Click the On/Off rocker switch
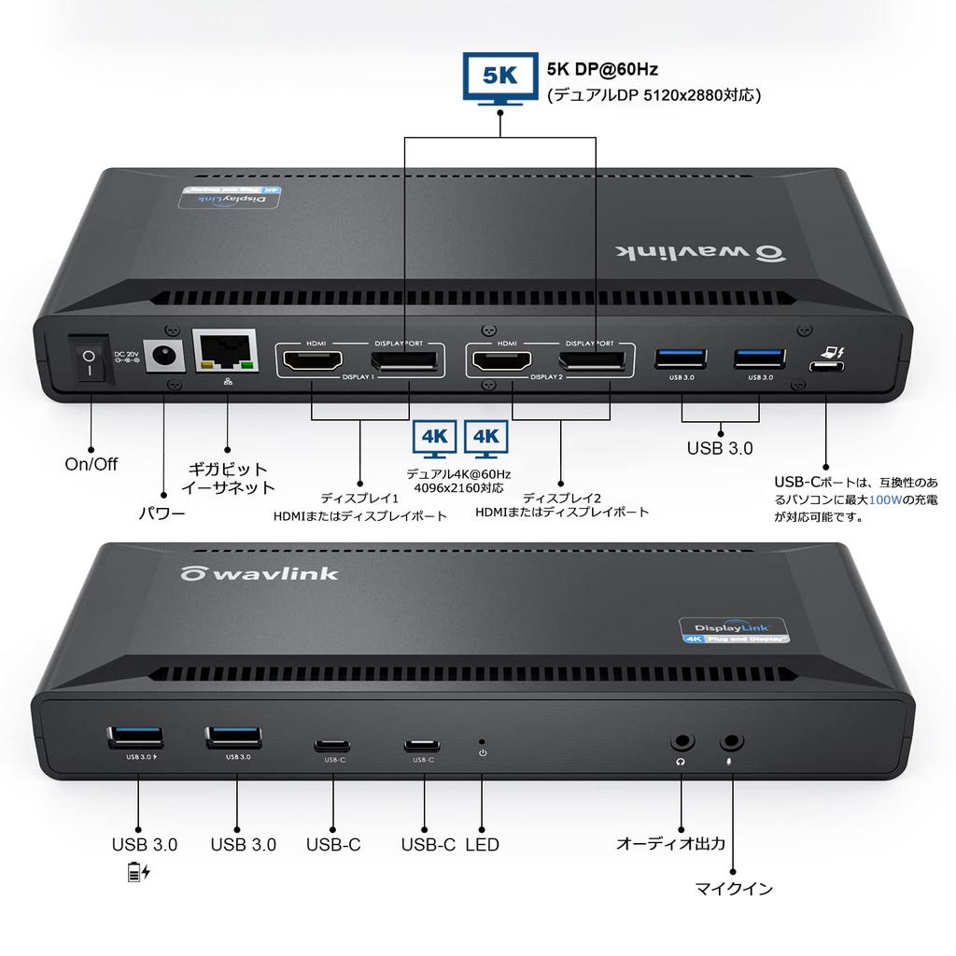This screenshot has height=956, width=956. click(x=90, y=361)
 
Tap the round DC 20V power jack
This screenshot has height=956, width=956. click(x=164, y=358)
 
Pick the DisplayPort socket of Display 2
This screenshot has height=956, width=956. click(x=593, y=360)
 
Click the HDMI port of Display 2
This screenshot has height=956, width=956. click(x=501, y=360)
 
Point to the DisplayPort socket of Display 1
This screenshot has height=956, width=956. click(x=404, y=360)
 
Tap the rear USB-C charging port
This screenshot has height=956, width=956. click(x=825, y=365)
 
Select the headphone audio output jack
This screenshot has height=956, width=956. click(x=682, y=743)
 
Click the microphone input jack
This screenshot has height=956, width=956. click(x=731, y=743)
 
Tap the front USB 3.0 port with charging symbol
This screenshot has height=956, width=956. click(x=137, y=736)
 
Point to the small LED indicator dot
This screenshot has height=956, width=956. click(x=482, y=740)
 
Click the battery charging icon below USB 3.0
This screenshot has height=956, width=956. click(x=138, y=873)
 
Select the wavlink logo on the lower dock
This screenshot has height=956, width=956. click(x=260, y=572)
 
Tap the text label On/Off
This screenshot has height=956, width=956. click(x=91, y=464)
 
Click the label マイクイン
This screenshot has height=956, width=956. click(x=734, y=889)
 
